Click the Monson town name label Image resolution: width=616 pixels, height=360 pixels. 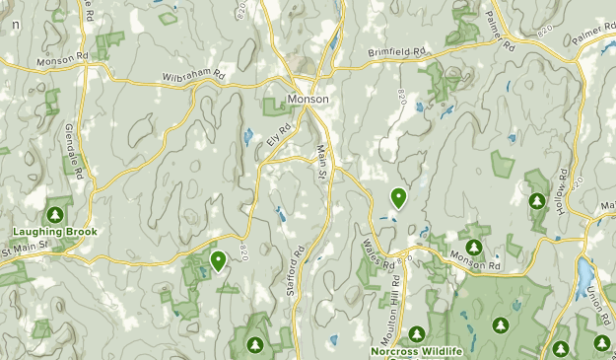pos(308,100)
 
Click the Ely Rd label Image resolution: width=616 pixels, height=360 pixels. pos(280,134)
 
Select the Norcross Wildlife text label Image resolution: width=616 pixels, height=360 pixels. pos(417,350)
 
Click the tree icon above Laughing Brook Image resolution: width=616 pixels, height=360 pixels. pos(55,214)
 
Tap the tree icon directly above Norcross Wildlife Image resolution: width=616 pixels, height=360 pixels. pos(417,333)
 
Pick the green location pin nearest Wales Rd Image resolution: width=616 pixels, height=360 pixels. pos(397,198)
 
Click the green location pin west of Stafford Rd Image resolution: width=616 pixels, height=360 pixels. pos(217,260)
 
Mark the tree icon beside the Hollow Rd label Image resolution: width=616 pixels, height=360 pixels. pos(537,201)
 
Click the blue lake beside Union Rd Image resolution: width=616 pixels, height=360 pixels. pos(585,269)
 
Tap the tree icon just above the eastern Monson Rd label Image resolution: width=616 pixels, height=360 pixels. pos(474,247)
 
